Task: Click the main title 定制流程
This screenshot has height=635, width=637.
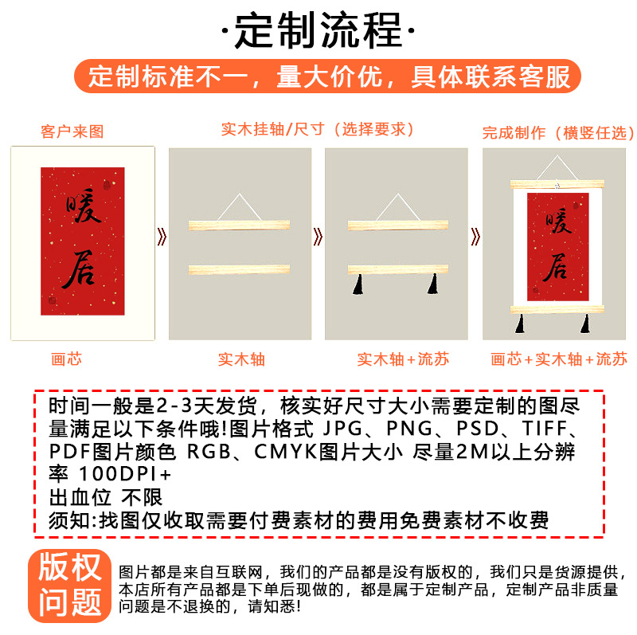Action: click(318, 30)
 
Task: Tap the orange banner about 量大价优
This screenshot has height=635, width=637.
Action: click(327, 76)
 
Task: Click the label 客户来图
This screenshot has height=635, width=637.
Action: click(72, 131)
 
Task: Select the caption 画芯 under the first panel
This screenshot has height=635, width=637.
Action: click(66, 359)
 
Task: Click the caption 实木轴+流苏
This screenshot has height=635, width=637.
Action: click(403, 359)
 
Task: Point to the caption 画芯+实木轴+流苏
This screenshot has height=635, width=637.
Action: click(559, 359)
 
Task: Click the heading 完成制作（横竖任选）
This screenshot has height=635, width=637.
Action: click(558, 132)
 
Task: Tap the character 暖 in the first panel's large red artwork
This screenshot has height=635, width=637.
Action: click(84, 206)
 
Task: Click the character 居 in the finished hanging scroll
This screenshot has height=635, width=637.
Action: click(557, 267)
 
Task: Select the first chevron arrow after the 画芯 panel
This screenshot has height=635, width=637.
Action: click(162, 237)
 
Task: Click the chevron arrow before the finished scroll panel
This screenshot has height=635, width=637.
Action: click(475, 237)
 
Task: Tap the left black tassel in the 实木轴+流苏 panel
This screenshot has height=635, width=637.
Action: click(358, 284)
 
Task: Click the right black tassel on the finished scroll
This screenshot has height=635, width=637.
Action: click(585, 323)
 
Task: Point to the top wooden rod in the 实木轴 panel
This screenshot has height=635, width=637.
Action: click(240, 225)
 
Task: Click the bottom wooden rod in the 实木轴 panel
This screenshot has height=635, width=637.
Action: click(240, 269)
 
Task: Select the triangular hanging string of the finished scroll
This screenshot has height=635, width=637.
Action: click(557, 167)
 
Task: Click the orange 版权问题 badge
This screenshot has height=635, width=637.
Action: click(69, 586)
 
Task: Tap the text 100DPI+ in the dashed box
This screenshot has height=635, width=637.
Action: click(125, 473)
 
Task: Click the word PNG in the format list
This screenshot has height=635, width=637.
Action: click(409, 428)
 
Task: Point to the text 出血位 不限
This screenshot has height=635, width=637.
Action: click(106, 497)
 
